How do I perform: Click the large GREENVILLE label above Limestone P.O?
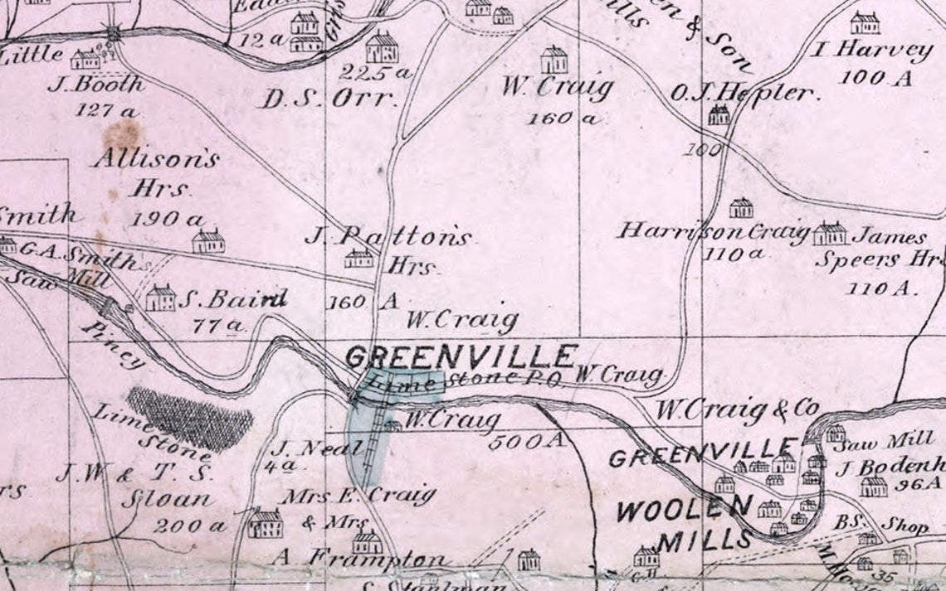460,356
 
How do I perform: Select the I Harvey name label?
872,51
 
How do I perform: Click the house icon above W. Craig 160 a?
553,60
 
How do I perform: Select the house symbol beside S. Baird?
160,298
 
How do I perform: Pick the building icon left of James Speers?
829,234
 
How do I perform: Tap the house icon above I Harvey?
865,22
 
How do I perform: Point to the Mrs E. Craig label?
359,496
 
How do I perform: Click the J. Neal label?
319,449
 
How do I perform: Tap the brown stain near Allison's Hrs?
124,133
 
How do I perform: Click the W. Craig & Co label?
737,409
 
